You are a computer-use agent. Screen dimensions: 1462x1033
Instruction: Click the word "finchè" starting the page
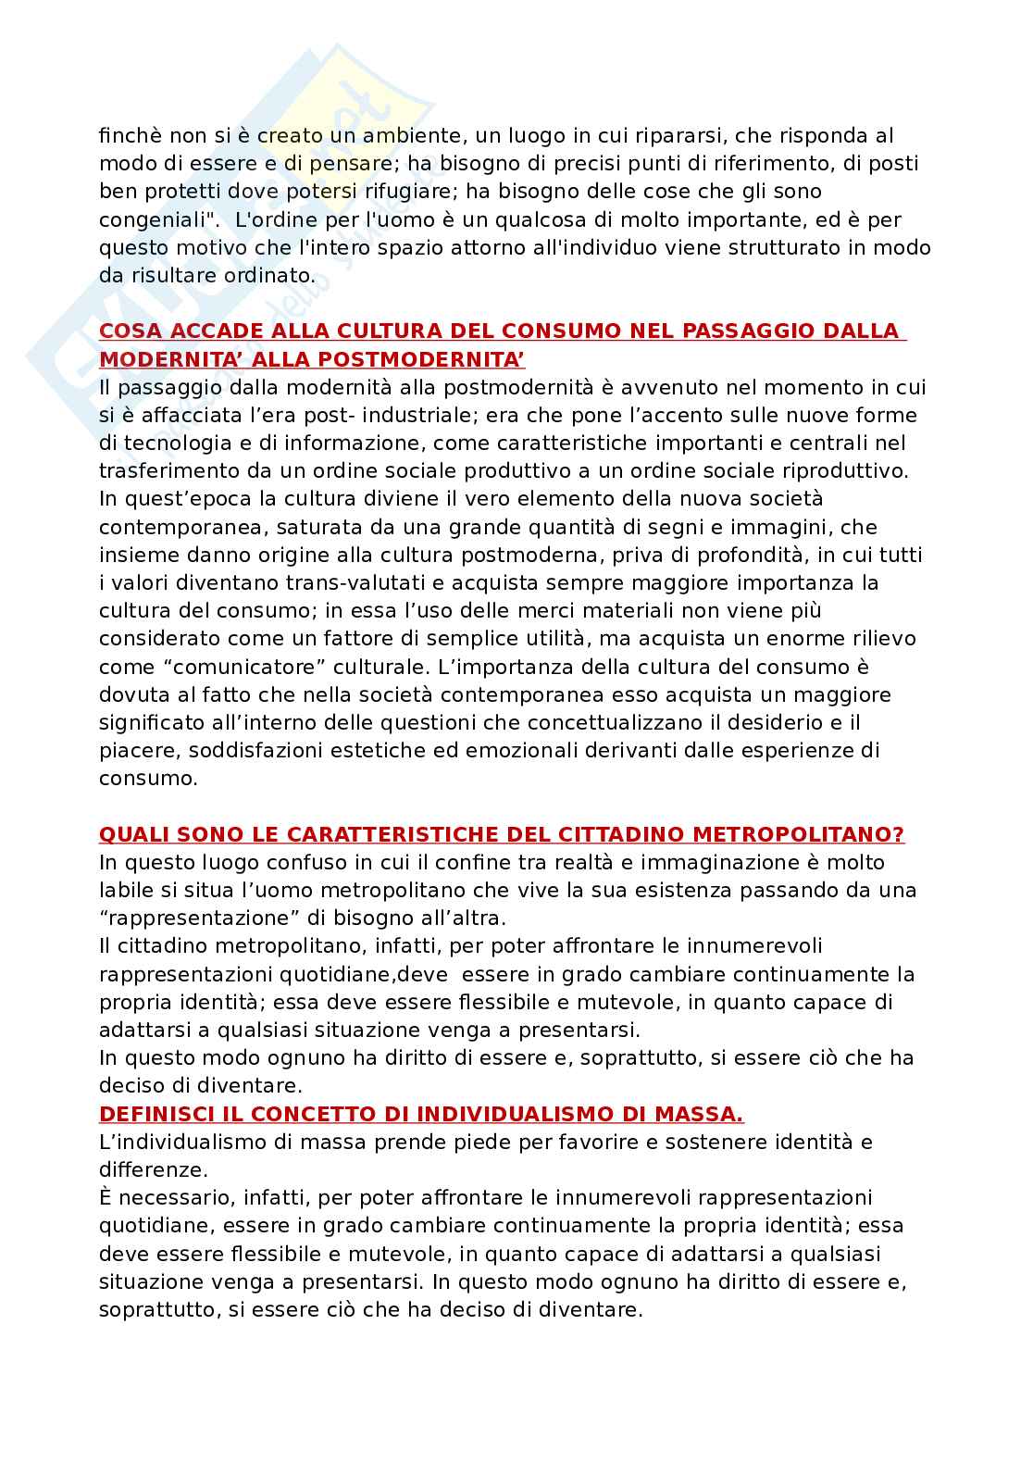click(128, 136)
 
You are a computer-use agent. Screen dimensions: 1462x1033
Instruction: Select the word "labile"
click(128, 891)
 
